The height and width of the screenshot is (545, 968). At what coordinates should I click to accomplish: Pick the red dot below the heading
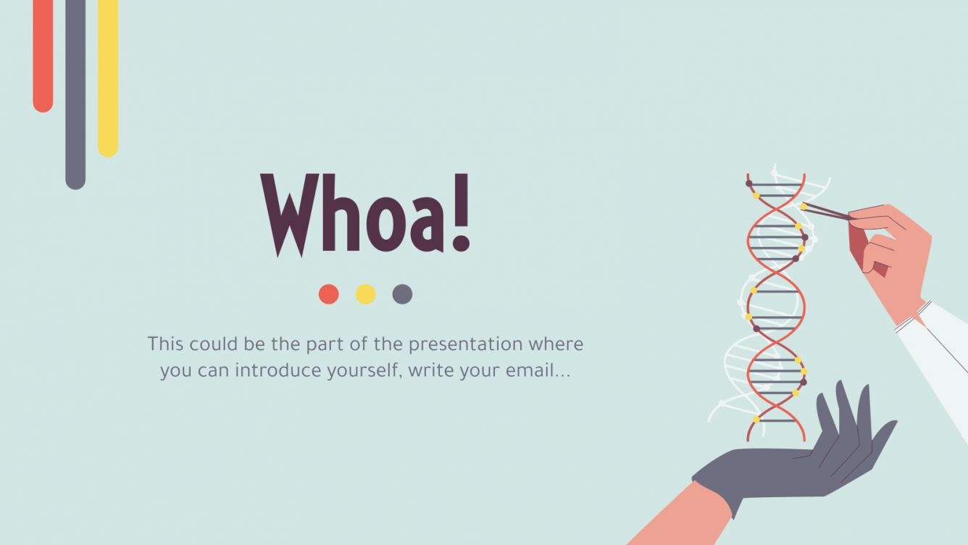coord(329,294)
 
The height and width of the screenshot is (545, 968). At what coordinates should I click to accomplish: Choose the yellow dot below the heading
coord(366,294)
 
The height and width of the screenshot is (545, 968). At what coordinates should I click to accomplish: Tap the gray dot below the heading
coord(402,294)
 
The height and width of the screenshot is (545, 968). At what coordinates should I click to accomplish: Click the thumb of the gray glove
coord(825,413)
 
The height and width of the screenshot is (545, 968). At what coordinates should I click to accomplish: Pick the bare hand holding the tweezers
coord(891,254)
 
